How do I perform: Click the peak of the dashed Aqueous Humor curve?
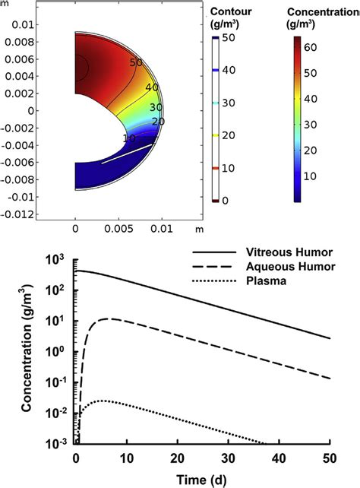pos(112,318)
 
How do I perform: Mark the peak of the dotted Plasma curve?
pos(102,400)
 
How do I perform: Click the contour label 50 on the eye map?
pos(136,62)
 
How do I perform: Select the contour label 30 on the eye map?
pos(156,108)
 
